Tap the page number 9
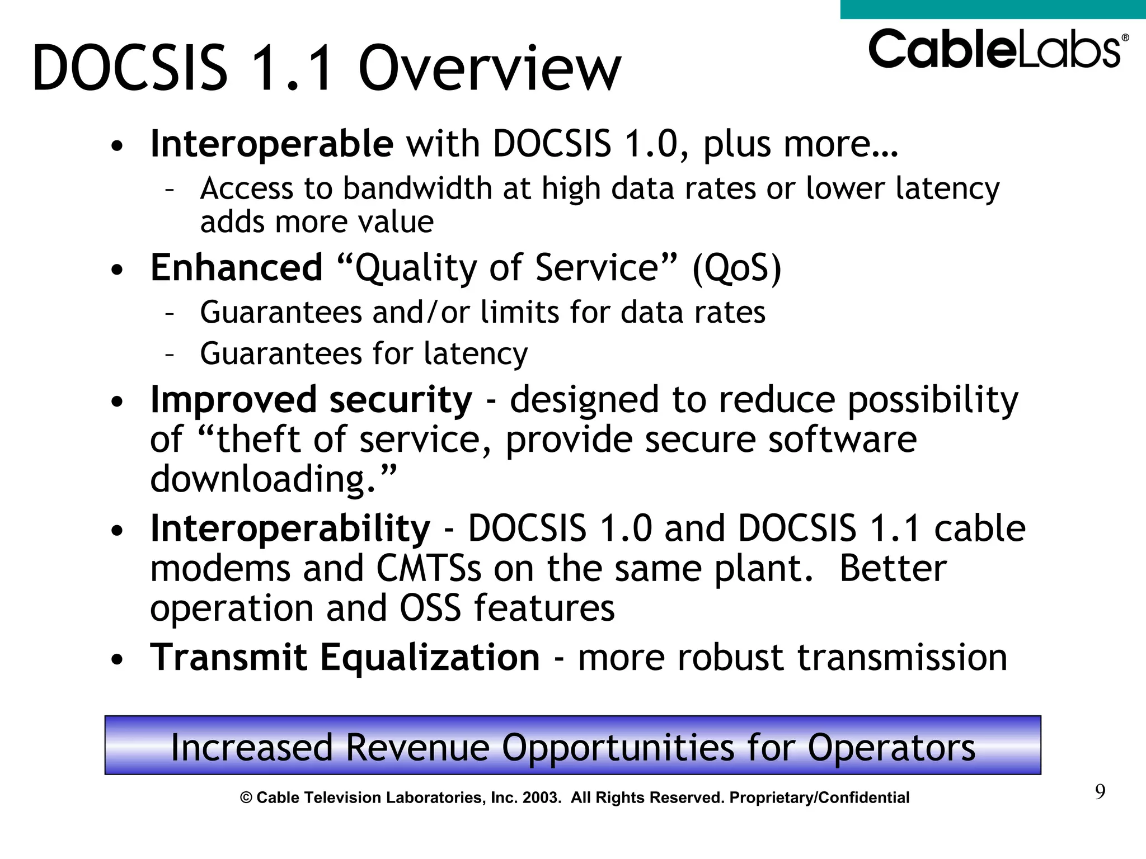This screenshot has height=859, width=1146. point(1100,792)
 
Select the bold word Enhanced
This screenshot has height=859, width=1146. point(237,267)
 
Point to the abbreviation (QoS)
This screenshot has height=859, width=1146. point(736,268)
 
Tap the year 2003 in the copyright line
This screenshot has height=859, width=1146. point(541,797)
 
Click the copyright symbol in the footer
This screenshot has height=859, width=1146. point(246,798)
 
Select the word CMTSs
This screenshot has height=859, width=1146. point(428,568)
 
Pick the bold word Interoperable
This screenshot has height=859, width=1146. point(271,144)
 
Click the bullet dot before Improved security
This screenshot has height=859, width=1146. point(116,402)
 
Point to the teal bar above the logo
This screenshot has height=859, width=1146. point(993,9)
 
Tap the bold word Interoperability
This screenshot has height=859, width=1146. point(290,528)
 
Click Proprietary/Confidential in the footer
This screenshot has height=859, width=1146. point(819,797)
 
